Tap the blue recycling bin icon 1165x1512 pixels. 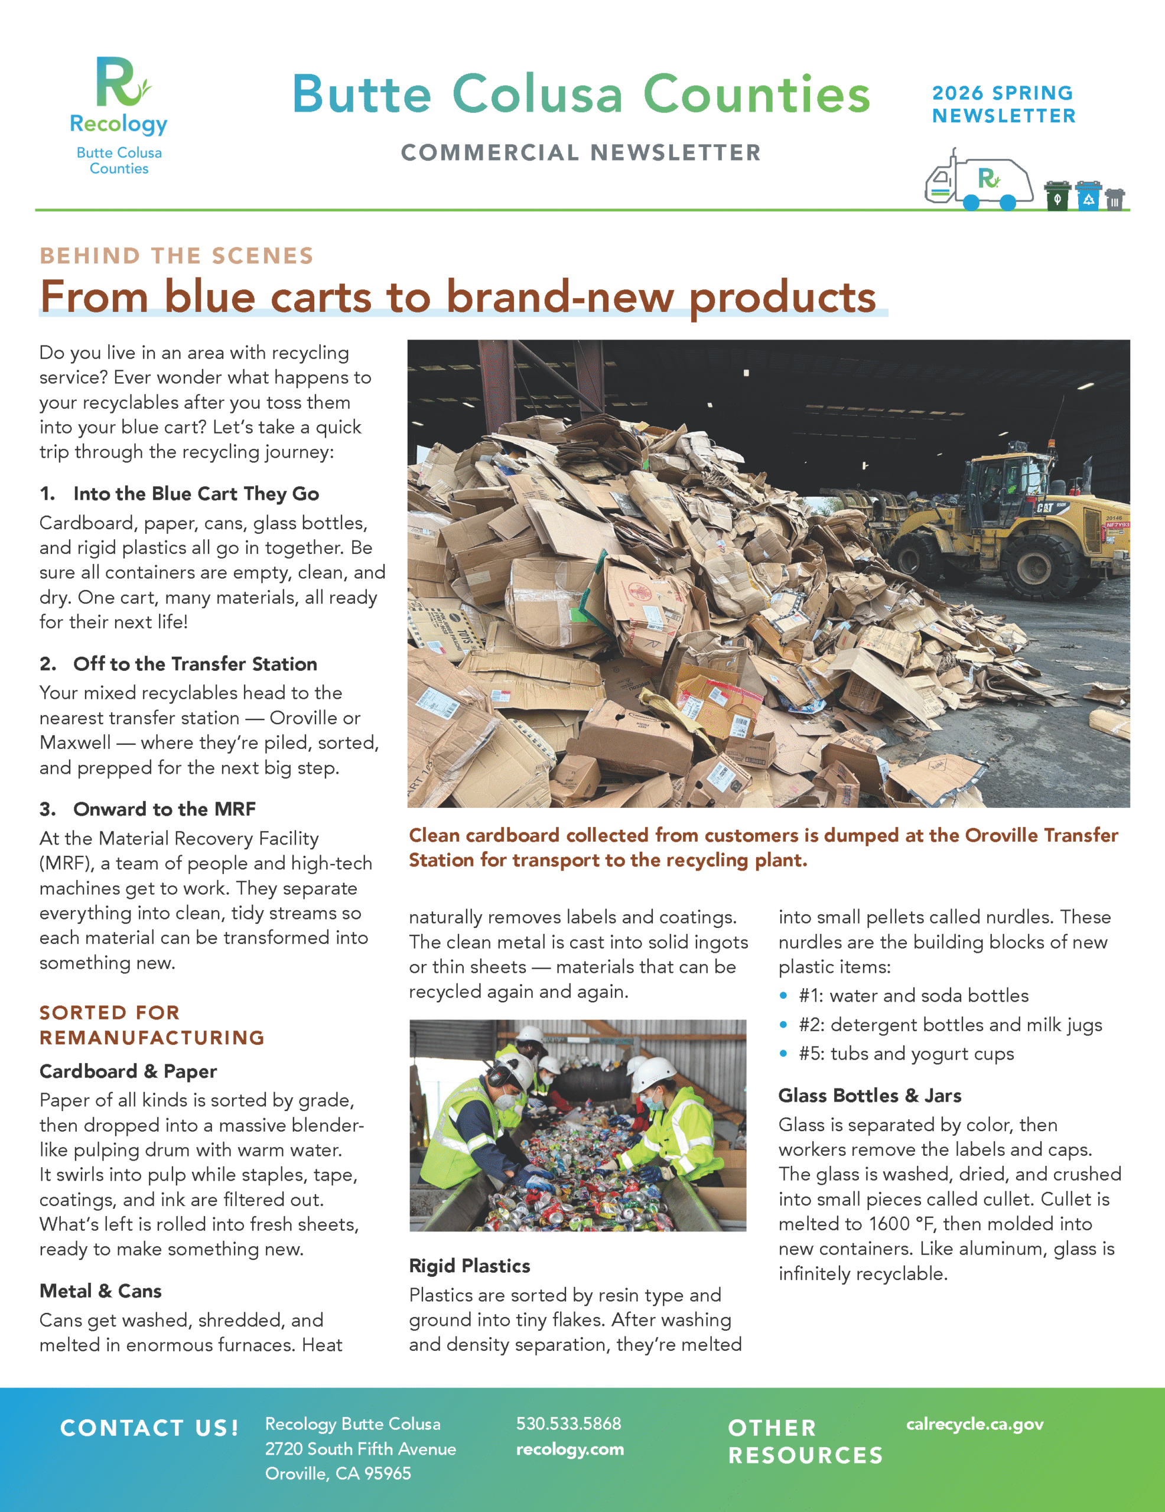coord(1088,196)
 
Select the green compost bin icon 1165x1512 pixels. coord(1057,196)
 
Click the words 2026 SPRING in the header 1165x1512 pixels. coord(1002,93)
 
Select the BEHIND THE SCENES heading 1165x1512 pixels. coord(177,256)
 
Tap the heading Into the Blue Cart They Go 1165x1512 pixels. coord(196,494)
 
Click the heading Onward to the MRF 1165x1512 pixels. coord(164,809)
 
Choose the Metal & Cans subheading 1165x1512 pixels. coord(100,1291)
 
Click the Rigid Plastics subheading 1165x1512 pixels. coord(470,1266)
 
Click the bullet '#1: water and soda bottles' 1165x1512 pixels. coord(913,996)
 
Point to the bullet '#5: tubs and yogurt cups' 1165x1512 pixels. coord(906,1054)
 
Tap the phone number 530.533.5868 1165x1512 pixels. coord(569,1424)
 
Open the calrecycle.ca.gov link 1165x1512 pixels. coord(975,1424)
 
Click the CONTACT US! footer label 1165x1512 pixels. coord(149,1428)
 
